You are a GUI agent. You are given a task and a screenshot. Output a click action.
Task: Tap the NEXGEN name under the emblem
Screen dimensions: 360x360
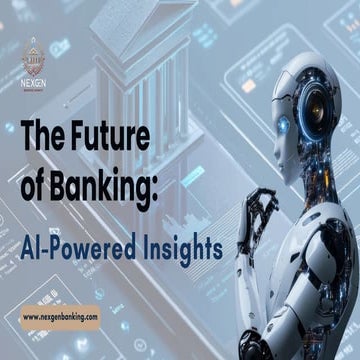35,77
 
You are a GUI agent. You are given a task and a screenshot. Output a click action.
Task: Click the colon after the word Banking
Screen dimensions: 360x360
155,175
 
